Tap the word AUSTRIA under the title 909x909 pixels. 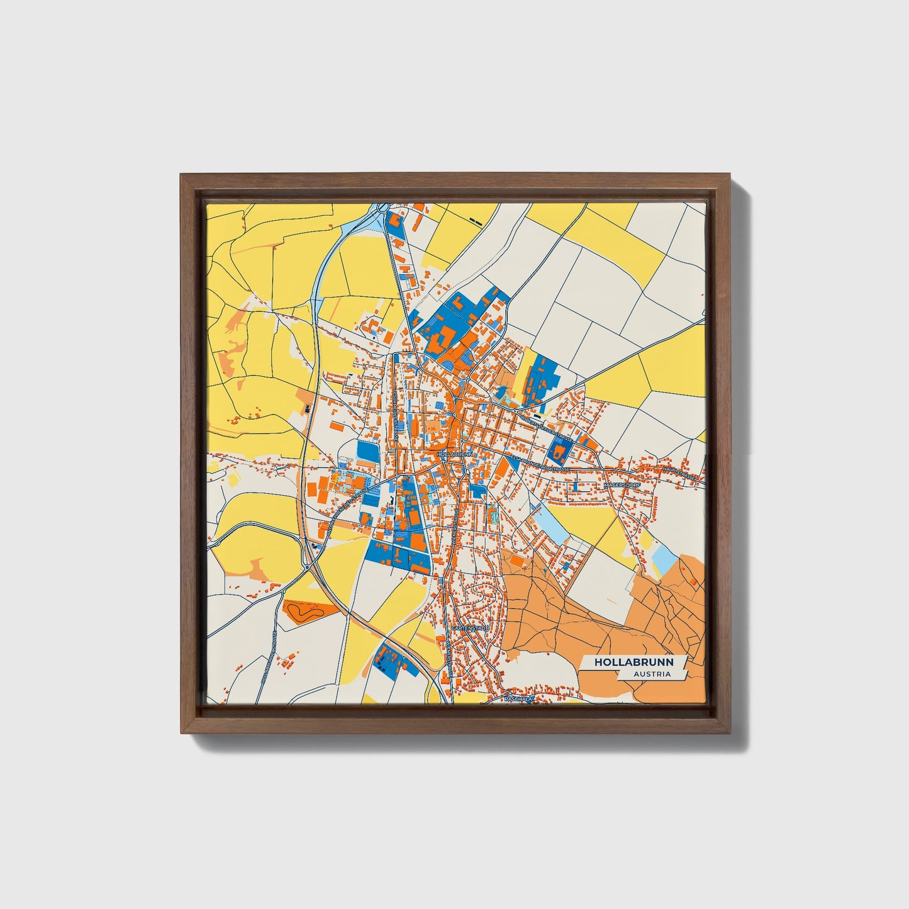[652, 674]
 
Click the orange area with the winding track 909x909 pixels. [306, 610]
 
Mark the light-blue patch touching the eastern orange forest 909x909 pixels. [662, 558]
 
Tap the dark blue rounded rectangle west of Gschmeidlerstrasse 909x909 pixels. [365, 451]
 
